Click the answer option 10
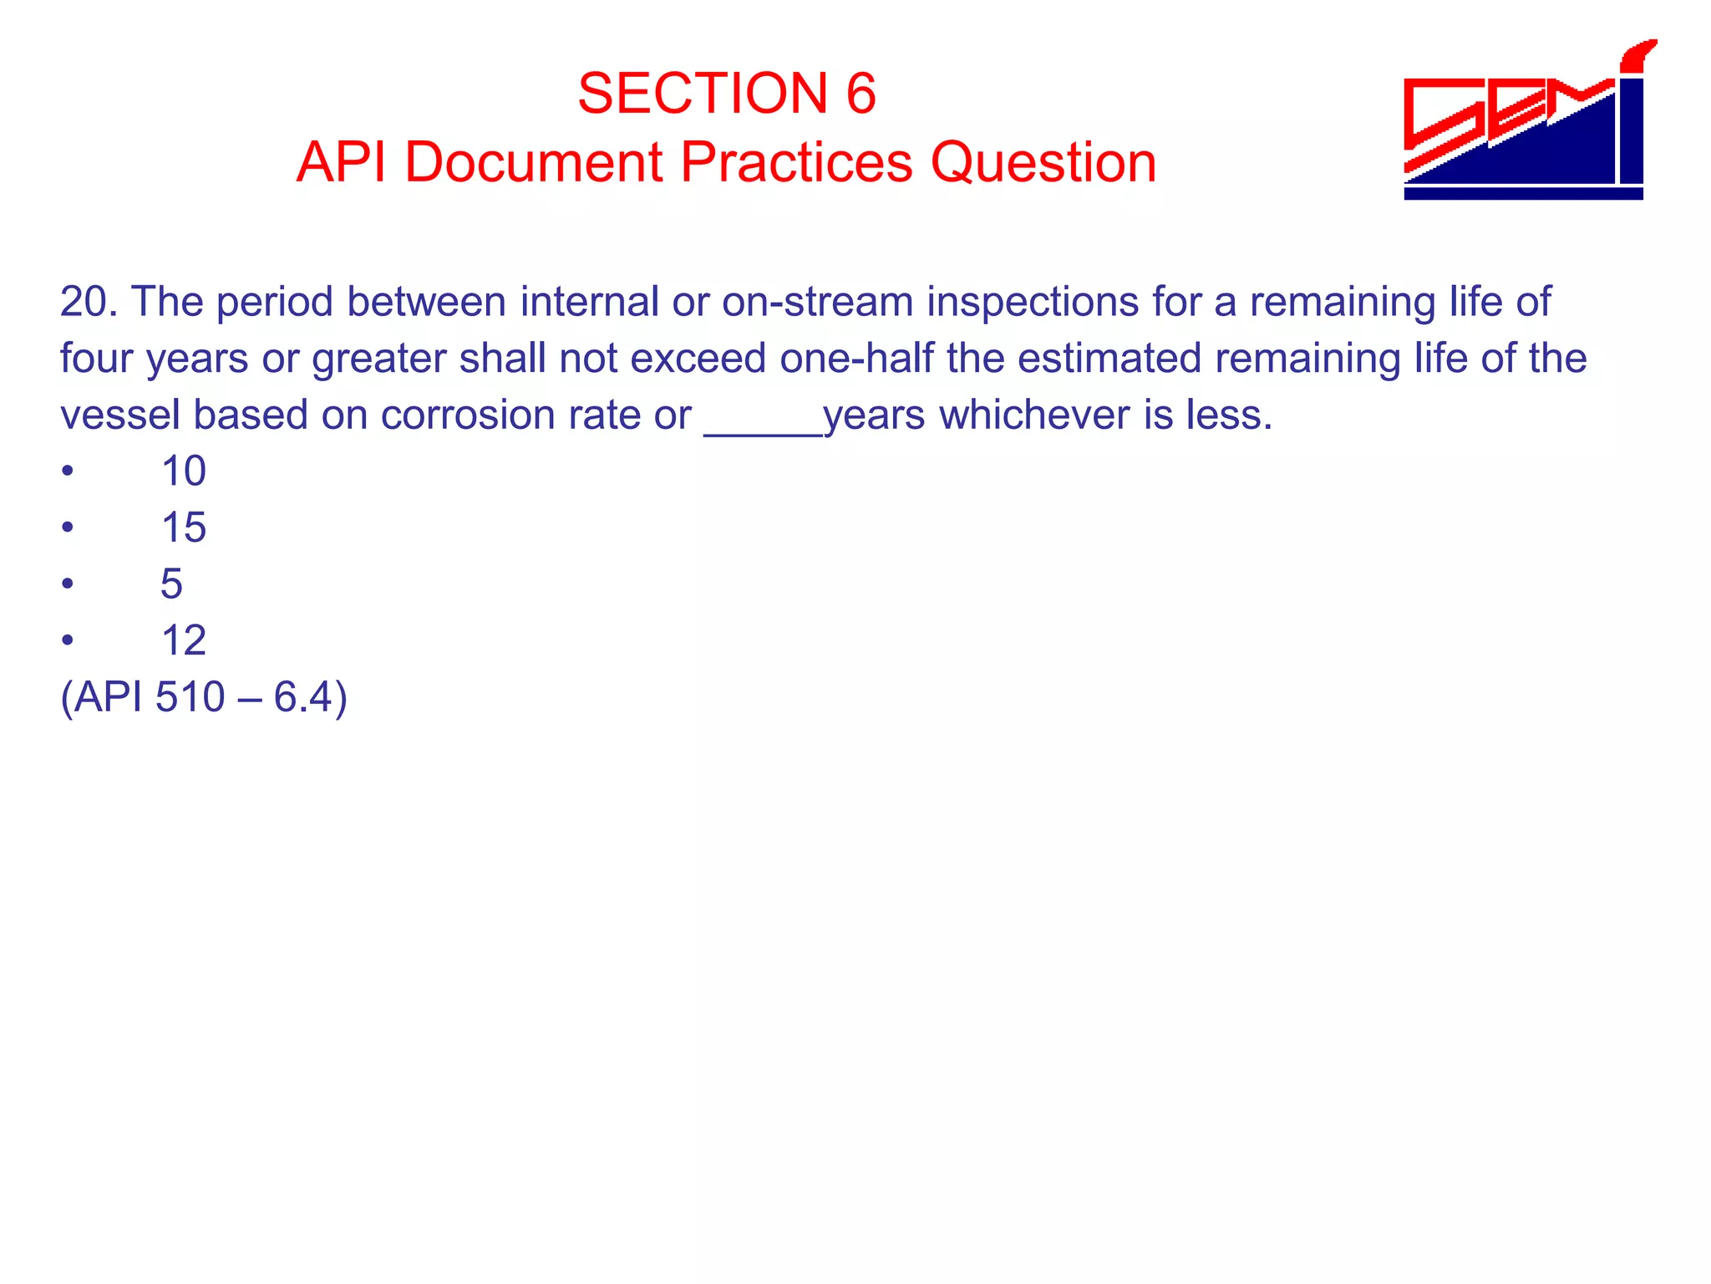[x=183, y=471]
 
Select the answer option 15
[x=183, y=527]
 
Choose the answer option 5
[x=171, y=583]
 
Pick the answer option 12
[x=183, y=640]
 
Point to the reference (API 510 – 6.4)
[x=204, y=697]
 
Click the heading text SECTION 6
[x=726, y=93]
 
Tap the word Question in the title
[x=1043, y=161]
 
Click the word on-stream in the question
[x=817, y=302]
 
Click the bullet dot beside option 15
[x=68, y=528]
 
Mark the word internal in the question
[x=589, y=302]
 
